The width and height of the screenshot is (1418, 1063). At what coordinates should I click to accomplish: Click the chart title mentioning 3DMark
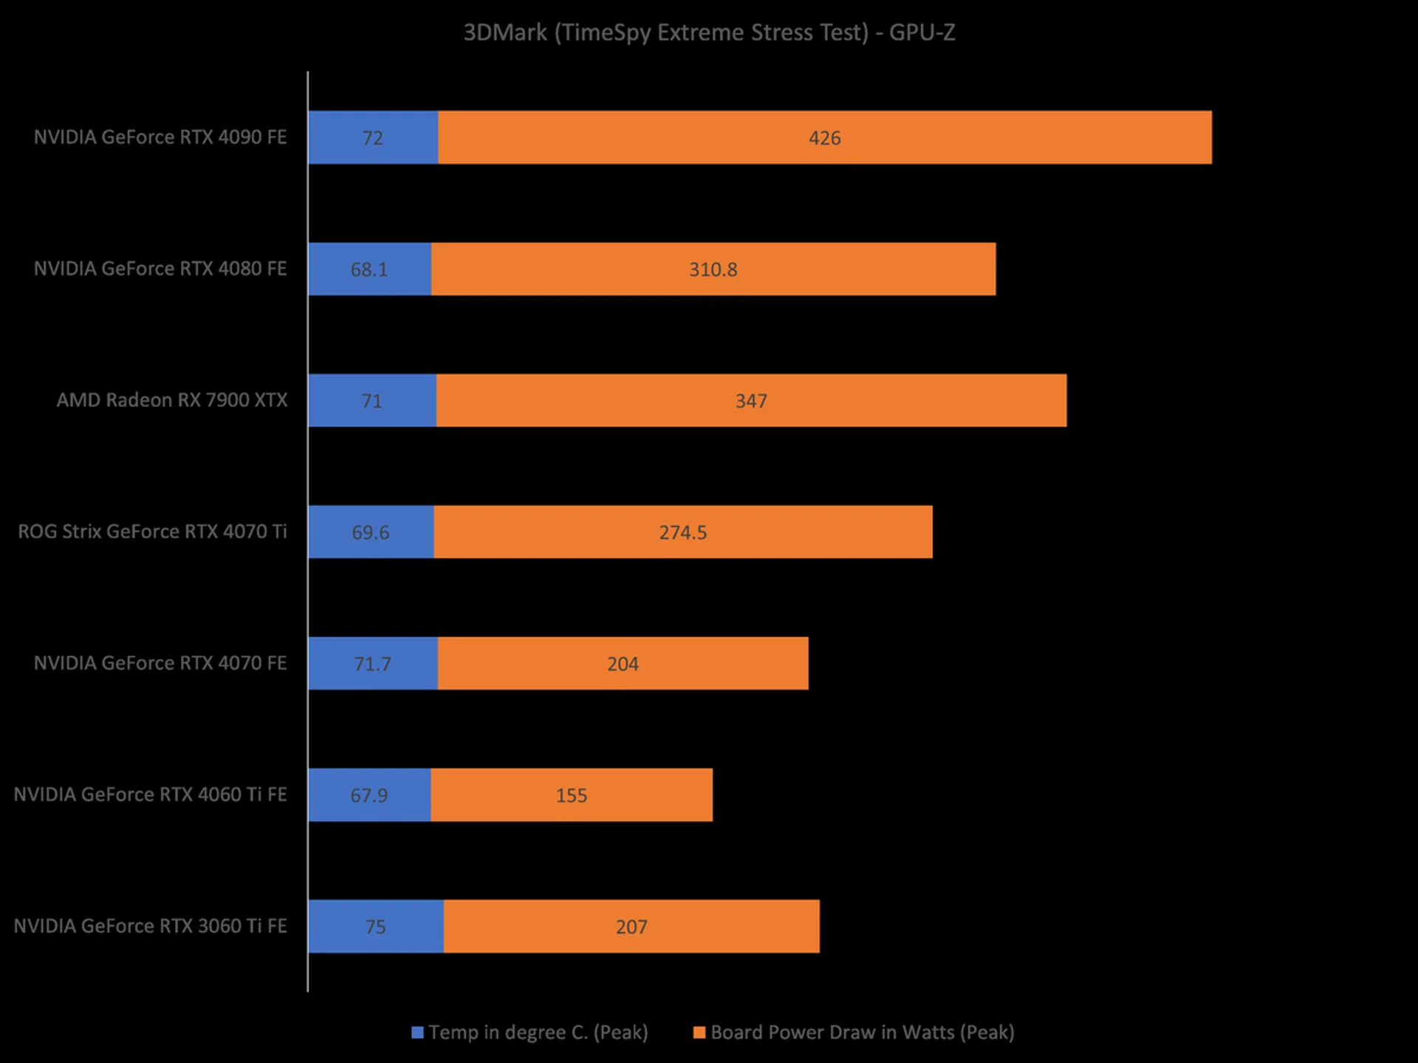coord(709,32)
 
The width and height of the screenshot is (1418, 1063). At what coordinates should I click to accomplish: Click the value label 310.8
coord(713,269)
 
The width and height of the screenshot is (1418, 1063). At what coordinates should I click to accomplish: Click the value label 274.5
coord(683,532)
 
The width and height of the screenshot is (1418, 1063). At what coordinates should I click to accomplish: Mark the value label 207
coord(631,927)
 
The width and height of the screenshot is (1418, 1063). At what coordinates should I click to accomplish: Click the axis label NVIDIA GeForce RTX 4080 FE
coord(160,269)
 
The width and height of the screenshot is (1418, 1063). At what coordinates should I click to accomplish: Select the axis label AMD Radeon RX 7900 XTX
coord(172,400)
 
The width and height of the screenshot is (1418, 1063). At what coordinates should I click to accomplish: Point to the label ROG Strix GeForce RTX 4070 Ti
coord(152,531)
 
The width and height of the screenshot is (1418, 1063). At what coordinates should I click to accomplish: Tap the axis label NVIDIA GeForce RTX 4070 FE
coord(160,663)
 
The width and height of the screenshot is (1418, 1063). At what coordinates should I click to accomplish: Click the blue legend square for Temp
coord(417,1032)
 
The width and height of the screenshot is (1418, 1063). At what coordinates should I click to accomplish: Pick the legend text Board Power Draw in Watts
coord(862,1032)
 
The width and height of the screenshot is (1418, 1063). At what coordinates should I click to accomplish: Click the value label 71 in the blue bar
coord(371,401)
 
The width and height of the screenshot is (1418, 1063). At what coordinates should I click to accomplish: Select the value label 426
coord(825,138)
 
